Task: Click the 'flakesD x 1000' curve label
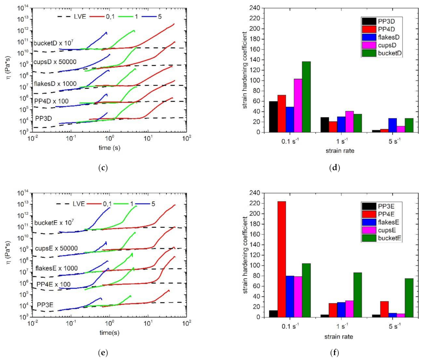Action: (56, 84)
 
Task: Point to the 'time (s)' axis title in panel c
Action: (109, 148)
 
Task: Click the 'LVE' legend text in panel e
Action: (78, 204)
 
